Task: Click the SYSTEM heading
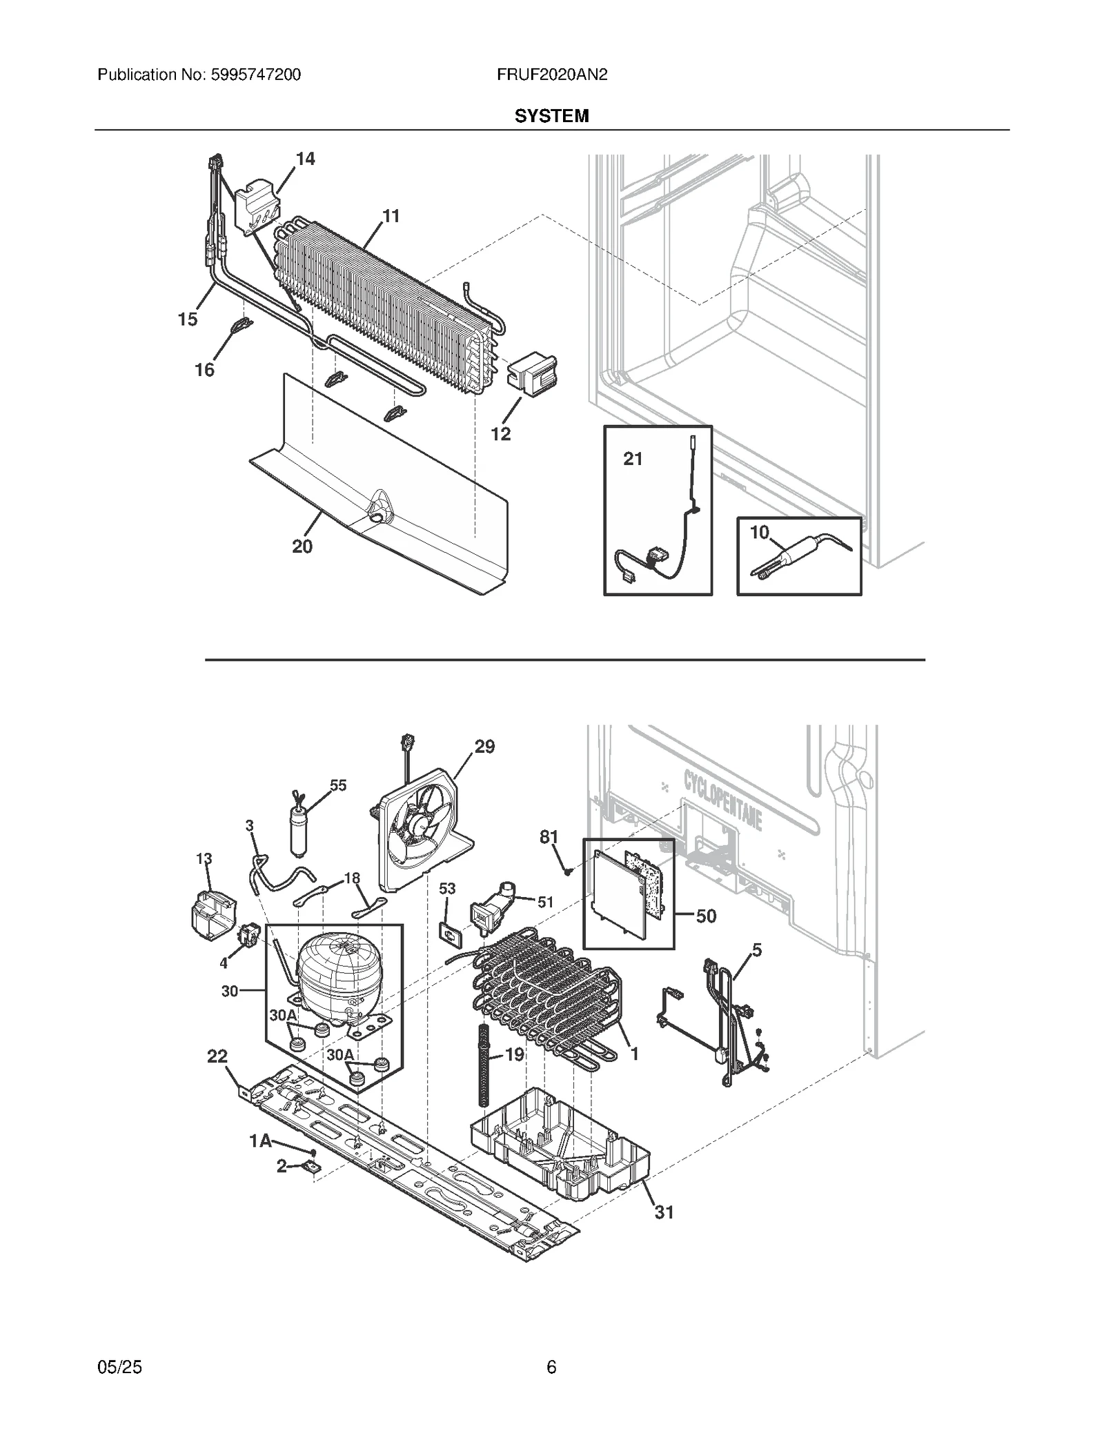point(551,116)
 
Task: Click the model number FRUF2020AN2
point(551,75)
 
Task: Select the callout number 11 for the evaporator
point(391,217)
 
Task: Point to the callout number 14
point(305,159)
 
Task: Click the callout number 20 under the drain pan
point(302,546)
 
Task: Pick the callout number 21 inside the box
point(633,459)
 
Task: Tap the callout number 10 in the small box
point(759,533)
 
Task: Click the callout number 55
point(338,785)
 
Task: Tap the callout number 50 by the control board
point(706,916)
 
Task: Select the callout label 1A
point(260,1142)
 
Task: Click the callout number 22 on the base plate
point(217,1057)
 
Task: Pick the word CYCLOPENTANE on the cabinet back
point(722,802)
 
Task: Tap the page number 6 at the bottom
point(551,1367)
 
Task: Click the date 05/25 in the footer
point(120,1367)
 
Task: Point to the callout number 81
point(549,837)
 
